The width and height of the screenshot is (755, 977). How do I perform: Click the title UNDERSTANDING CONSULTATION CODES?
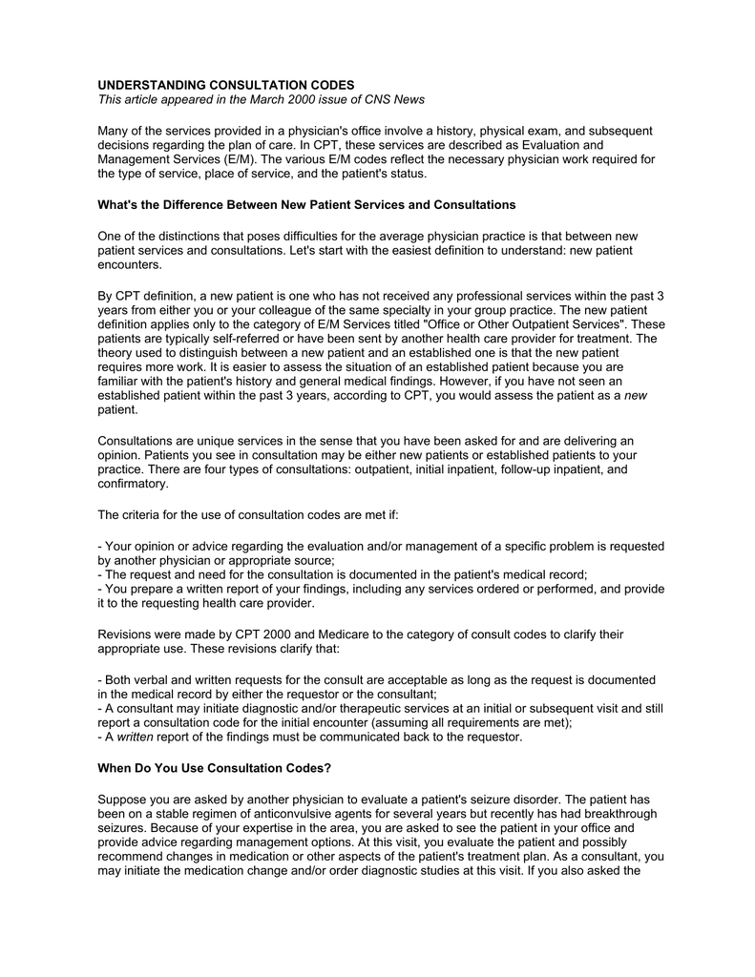(226, 85)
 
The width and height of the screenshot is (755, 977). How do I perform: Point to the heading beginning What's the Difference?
(306, 205)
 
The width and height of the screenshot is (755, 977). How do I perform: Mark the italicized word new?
(637, 396)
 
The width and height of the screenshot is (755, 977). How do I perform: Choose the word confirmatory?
(134, 484)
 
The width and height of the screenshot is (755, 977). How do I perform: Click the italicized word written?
(136, 738)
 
